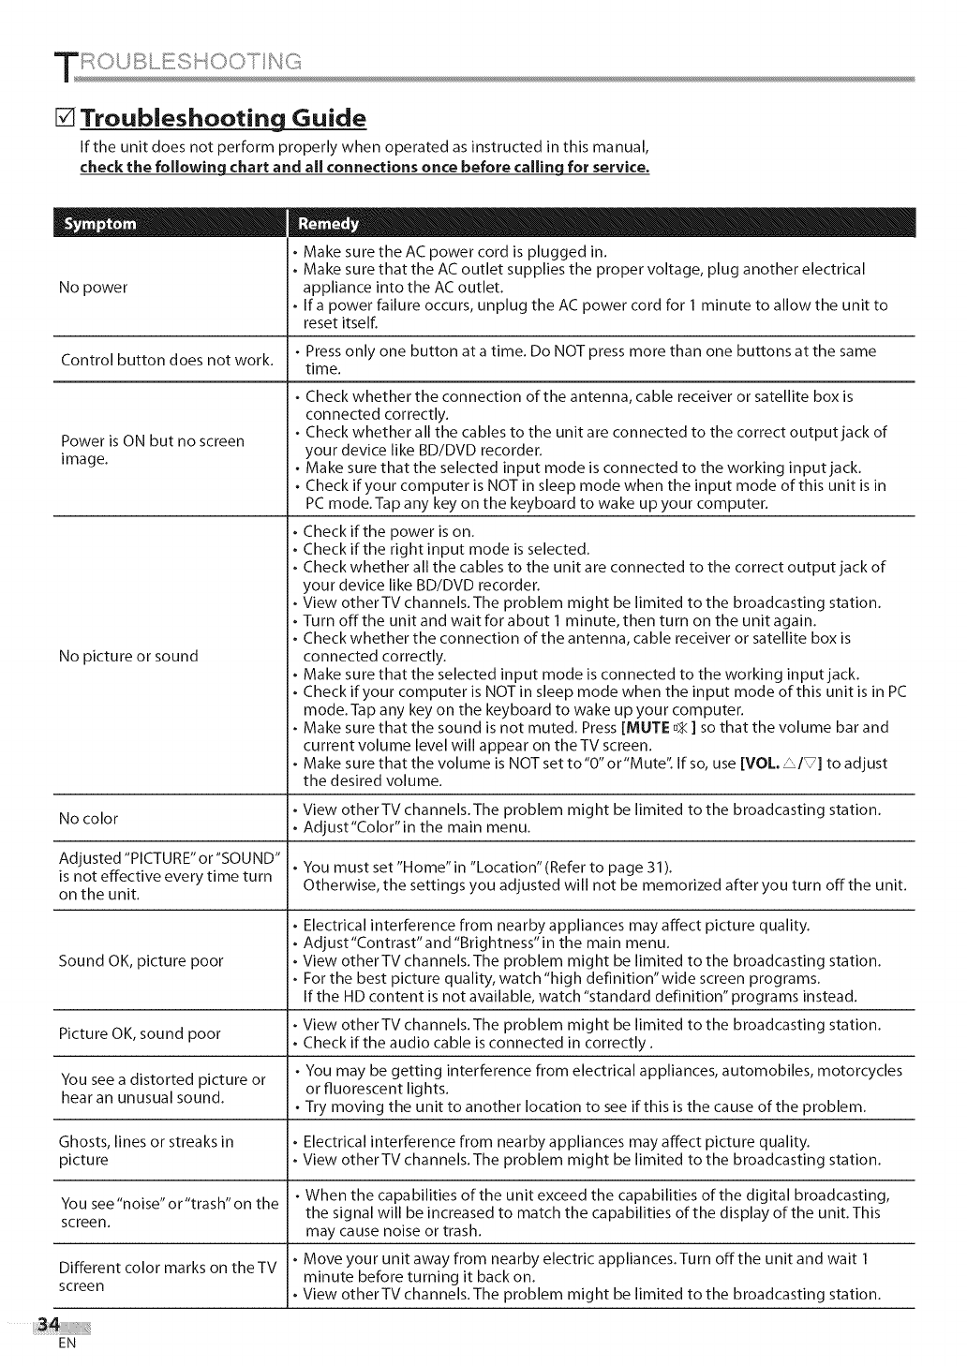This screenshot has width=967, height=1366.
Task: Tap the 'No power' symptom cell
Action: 94,287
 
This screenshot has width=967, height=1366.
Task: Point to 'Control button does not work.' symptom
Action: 167,360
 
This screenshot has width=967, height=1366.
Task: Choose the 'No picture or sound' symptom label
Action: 128,656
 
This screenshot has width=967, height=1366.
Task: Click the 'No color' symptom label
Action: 88,819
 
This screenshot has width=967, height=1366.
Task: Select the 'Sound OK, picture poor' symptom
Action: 141,960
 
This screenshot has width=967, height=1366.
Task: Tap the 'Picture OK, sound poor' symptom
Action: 140,1033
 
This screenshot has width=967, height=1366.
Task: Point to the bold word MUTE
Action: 647,728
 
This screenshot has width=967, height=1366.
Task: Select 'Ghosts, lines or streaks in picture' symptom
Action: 146,1151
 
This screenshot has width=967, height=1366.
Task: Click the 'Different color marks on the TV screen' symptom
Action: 168,1277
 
